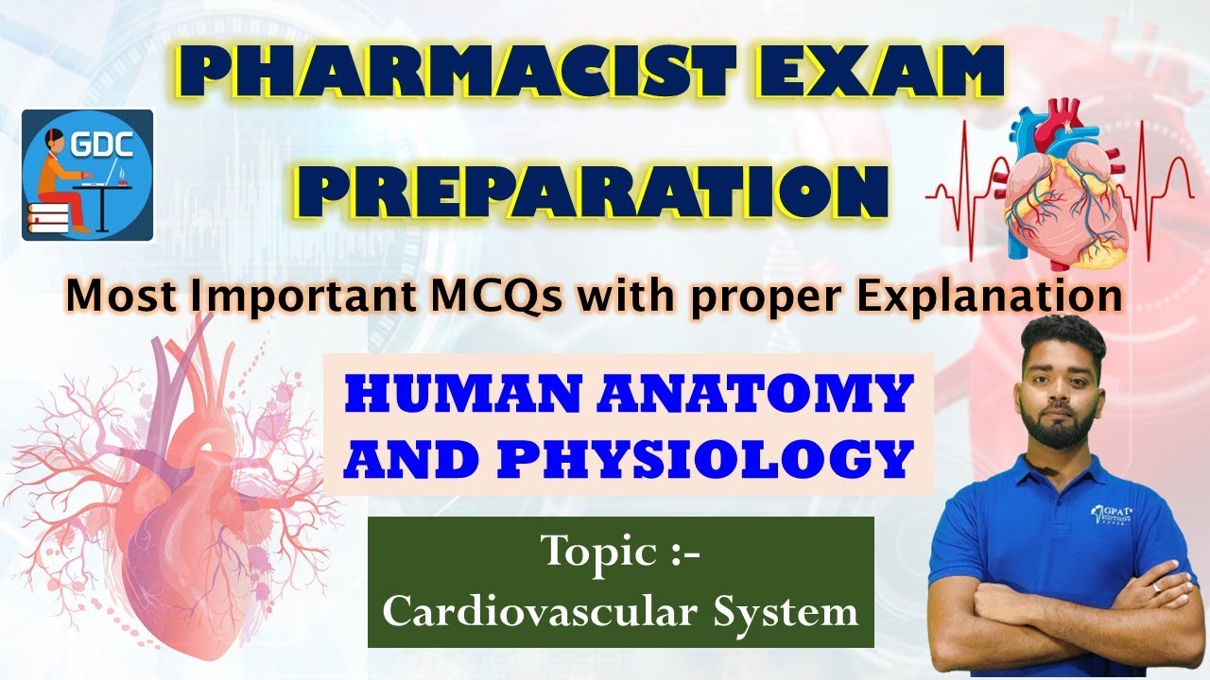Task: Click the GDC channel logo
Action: (88, 176)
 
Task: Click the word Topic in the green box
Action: (596, 551)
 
